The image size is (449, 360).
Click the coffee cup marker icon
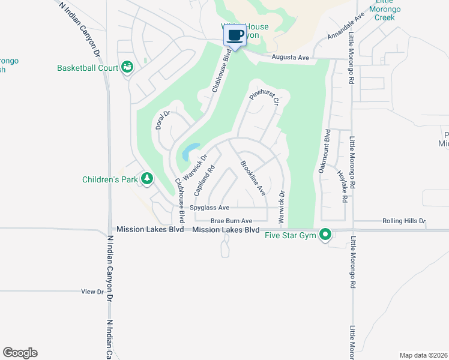point(235,35)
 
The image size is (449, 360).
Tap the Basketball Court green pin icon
point(127,67)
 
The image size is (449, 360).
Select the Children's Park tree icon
point(146,178)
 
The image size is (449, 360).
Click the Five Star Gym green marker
point(325,235)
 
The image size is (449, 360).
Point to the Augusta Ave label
point(290,58)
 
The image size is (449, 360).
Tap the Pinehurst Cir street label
point(264,96)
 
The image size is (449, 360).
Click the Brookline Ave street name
point(253,178)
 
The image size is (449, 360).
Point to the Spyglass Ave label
point(209,208)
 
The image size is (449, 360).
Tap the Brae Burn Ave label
point(231,221)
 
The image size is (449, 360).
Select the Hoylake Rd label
point(341,187)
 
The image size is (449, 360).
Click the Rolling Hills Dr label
point(403,221)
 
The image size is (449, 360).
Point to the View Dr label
point(92,292)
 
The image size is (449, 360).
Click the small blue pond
point(190,151)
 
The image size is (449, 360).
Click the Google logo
point(20,353)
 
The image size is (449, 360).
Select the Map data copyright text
point(423,355)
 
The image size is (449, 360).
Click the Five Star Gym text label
point(291,235)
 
